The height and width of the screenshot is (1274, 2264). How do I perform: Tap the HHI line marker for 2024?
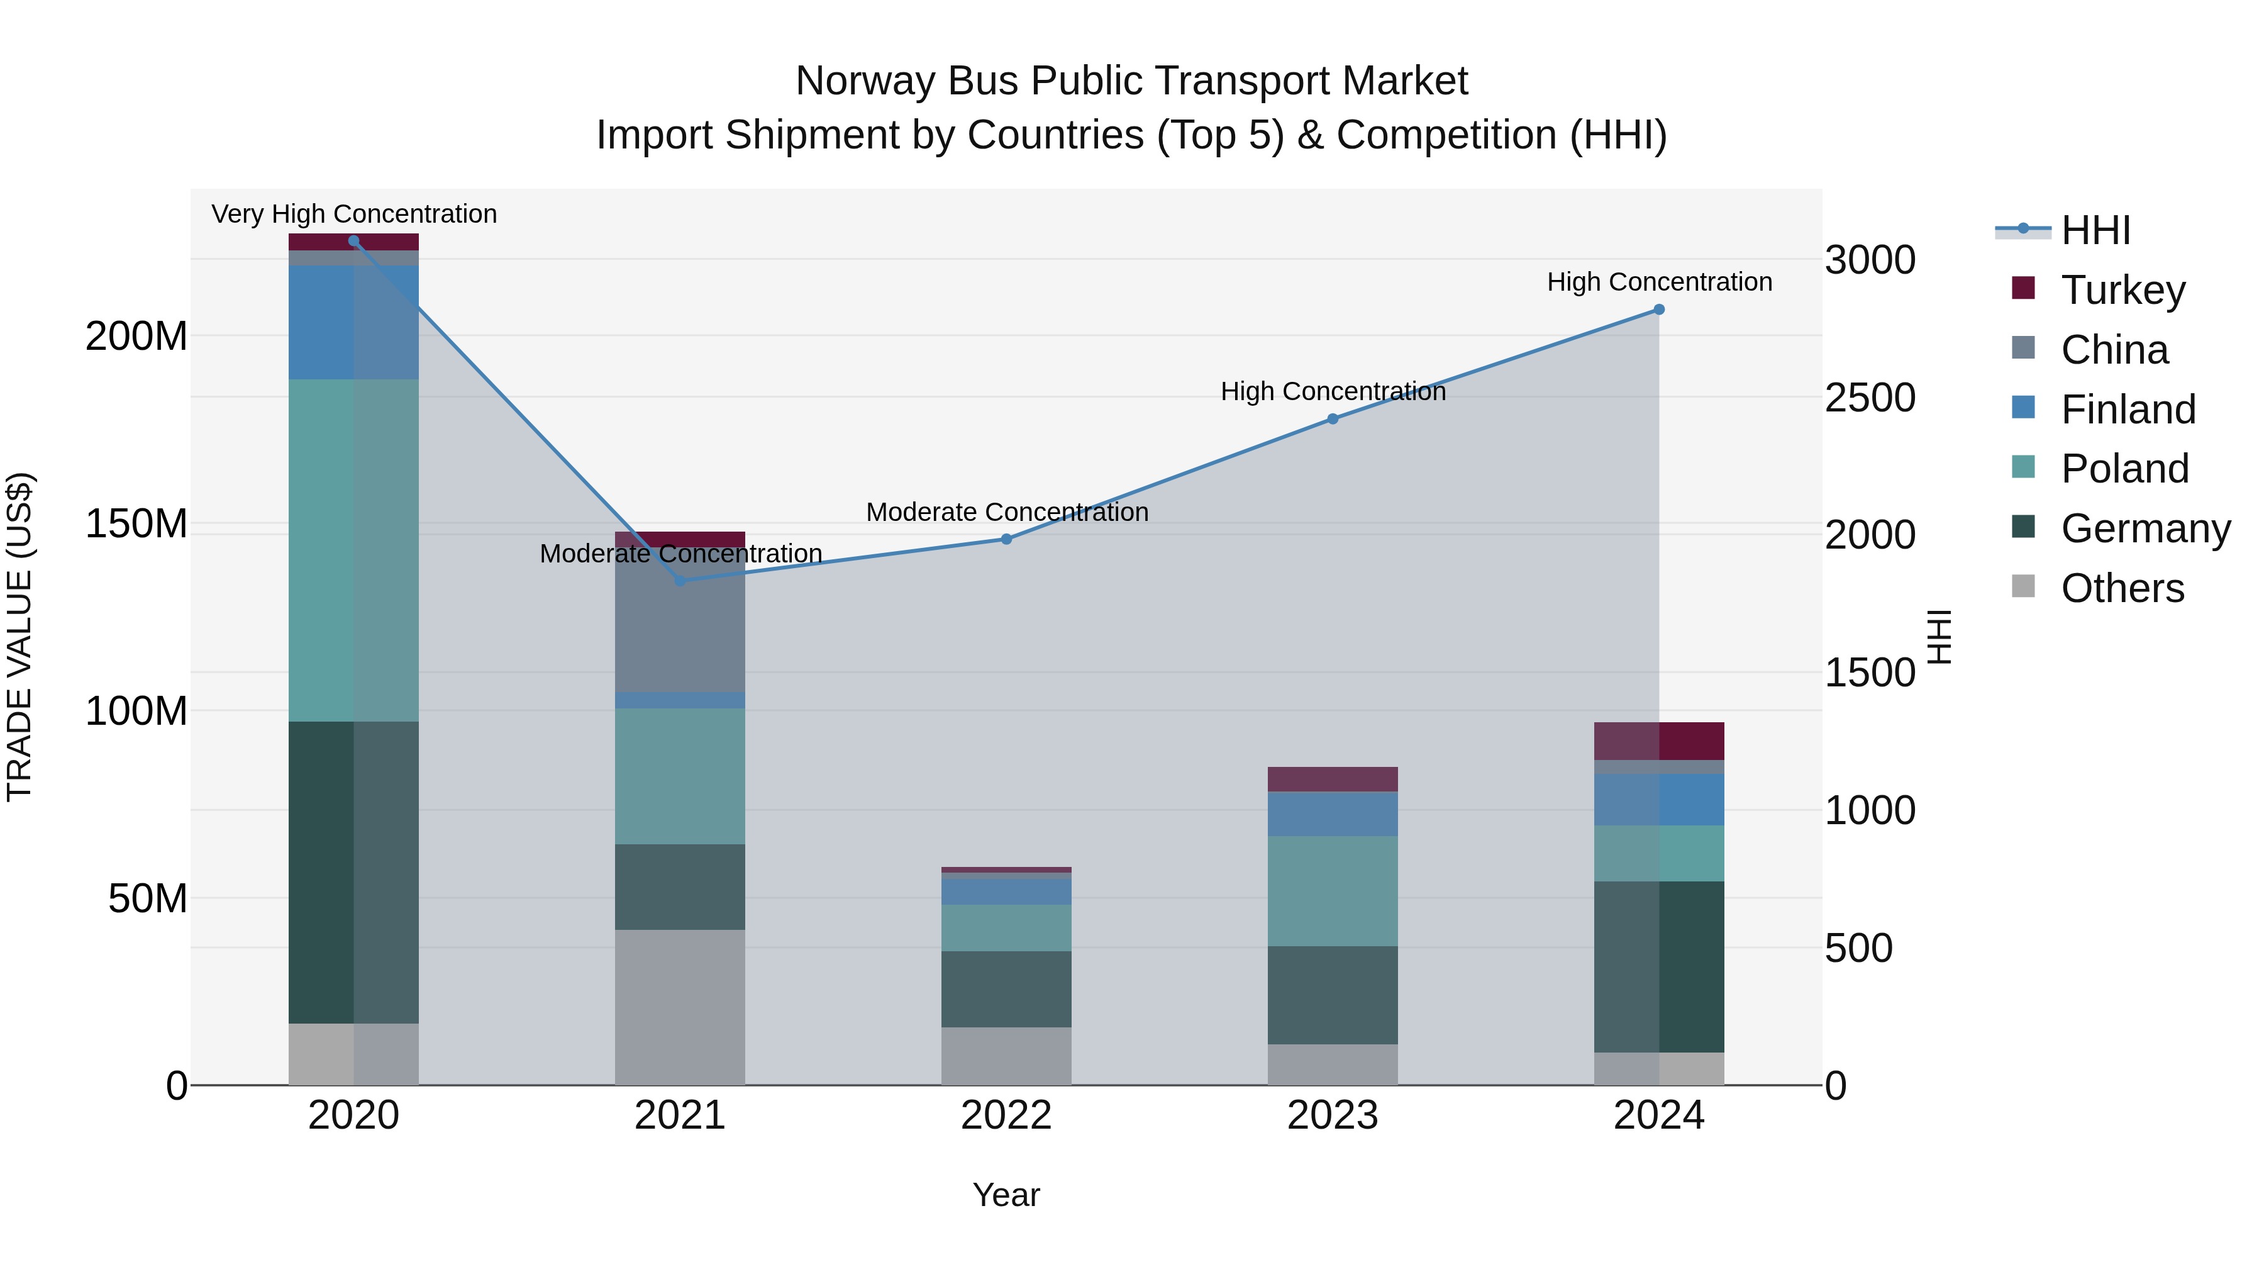[x=1658, y=310]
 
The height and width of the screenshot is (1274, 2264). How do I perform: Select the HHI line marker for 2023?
[x=1333, y=420]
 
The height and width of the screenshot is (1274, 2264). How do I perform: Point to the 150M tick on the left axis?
[x=136, y=524]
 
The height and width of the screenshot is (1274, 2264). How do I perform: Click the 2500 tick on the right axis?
[x=1870, y=398]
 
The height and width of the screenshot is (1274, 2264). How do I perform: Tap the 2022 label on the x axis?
[x=1006, y=1115]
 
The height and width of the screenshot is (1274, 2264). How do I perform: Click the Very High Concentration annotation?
[x=354, y=215]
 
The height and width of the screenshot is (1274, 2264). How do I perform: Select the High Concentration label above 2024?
[x=1658, y=282]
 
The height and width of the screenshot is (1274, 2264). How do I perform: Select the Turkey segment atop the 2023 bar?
[x=1333, y=779]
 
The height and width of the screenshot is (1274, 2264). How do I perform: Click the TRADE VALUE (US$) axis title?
[x=19, y=637]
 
